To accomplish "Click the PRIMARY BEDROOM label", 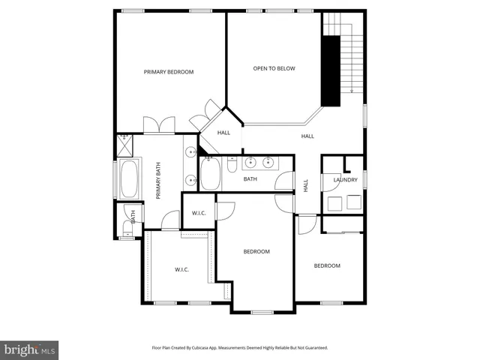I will tap(169, 72).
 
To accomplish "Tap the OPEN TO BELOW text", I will tap(274, 68).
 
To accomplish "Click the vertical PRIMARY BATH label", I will tap(159, 183).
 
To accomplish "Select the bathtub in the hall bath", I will tap(211, 175).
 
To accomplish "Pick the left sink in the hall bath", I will tap(250, 161).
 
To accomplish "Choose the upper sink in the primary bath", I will tap(190, 152).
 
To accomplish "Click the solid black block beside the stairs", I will tap(328, 70).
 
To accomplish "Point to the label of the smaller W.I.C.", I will tap(199, 213).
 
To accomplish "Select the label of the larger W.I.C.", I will tap(182, 269).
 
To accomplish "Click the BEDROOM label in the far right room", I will tap(327, 265).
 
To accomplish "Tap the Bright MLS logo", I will tap(30, 349).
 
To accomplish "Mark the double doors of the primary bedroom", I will tap(158, 124).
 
